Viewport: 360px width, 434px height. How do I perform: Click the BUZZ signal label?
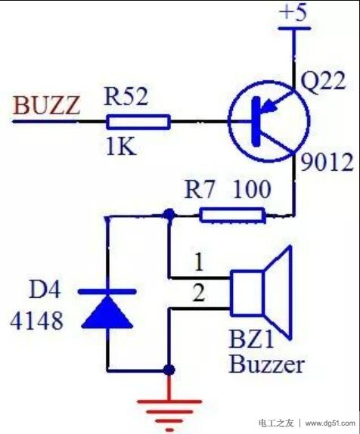[x=46, y=105]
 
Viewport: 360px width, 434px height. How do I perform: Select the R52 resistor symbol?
[x=138, y=122]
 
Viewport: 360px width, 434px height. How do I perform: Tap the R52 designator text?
[x=126, y=97]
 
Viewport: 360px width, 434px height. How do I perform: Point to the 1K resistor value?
[x=121, y=146]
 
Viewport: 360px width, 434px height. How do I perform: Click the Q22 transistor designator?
[x=323, y=81]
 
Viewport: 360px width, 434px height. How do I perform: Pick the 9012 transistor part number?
[x=327, y=163]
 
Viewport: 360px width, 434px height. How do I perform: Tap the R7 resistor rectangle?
[x=232, y=215]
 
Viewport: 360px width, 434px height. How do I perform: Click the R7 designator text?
[x=200, y=190]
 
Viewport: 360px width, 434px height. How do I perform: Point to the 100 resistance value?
[x=252, y=189]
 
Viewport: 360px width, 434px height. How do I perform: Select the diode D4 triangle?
[x=107, y=311]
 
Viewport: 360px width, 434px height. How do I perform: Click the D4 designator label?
[x=45, y=290]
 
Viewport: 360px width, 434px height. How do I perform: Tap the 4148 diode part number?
[x=37, y=321]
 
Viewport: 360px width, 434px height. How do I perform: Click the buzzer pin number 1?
[x=199, y=262]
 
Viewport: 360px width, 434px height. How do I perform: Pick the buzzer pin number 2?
[x=199, y=293]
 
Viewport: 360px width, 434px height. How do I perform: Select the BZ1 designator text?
[x=251, y=339]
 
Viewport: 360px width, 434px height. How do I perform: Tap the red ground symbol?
[x=169, y=411]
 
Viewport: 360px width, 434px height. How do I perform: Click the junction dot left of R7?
[x=169, y=214]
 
